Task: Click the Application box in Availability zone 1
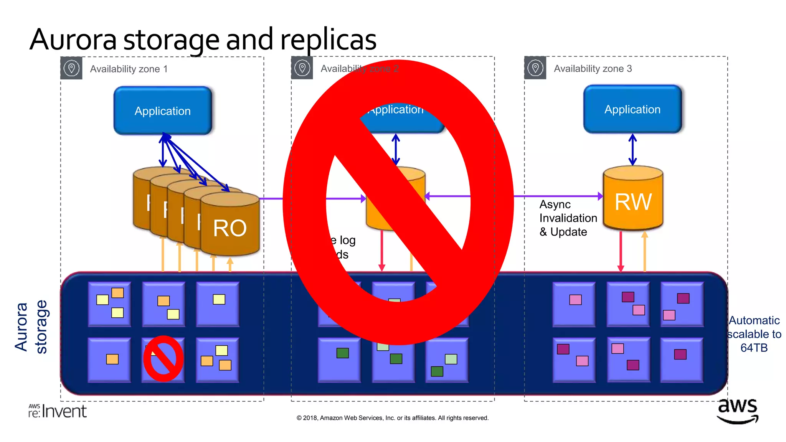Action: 162,111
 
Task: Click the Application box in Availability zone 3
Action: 632,109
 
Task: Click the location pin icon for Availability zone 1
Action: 71,68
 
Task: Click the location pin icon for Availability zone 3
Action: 535,68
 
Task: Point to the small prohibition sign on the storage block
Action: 163,359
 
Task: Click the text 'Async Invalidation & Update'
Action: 568,218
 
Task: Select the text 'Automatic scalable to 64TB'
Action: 754,334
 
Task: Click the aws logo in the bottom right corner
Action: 737,411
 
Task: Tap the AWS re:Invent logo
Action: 58,411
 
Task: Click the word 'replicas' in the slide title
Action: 328,40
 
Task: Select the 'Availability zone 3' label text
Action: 592,69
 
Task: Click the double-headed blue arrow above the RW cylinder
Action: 632,150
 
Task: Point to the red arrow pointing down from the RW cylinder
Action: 621,251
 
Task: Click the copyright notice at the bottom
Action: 392,418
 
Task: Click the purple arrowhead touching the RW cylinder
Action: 600,196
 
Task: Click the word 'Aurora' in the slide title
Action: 73,40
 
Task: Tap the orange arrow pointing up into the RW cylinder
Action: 644,251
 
